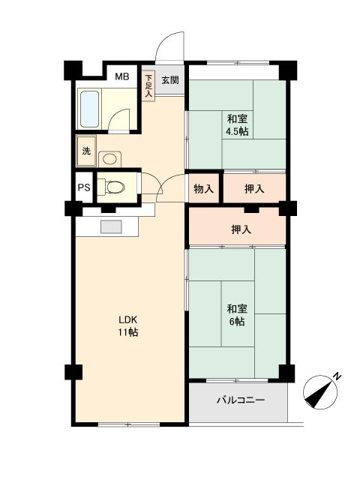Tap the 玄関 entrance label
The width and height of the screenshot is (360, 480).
pos(169,80)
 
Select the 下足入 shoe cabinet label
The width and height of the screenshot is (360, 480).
pos(149,85)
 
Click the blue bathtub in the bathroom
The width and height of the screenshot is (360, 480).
pos(89,109)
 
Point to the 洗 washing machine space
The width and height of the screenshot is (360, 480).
pos(86,151)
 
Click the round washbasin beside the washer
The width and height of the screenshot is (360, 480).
pos(110,158)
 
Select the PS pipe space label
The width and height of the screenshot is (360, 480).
pos(83,188)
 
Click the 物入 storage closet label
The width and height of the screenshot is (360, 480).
pos(204,188)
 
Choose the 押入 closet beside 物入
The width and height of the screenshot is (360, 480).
pos(254,188)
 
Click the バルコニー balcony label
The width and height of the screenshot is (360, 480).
pos(240,400)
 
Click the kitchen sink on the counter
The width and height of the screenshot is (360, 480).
pos(110,226)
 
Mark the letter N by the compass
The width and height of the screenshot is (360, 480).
pos(337,375)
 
